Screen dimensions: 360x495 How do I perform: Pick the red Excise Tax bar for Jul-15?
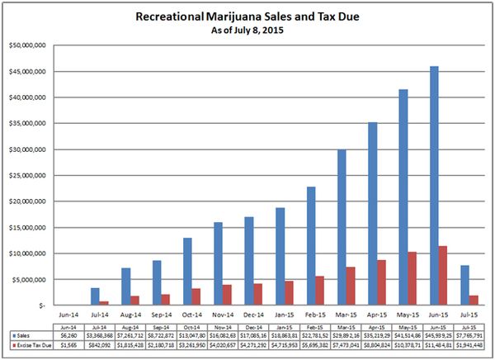tap(474, 301)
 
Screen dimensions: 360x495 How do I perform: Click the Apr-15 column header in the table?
tap(376, 327)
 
